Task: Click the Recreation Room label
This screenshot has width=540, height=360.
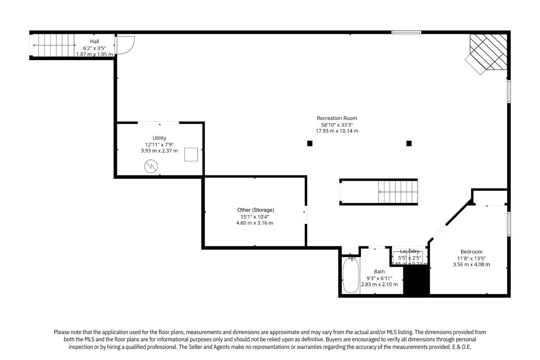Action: pyautogui.click(x=337, y=118)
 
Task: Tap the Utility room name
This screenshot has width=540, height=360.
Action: pyautogui.click(x=159, y=138)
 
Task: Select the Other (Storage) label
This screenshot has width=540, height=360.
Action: pyautogui.click(x=256, y=210)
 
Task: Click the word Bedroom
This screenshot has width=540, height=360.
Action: pyautogui.click(x=471, y=252)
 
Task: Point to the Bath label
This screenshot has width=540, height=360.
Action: pyautogui.click(x=379, y=271)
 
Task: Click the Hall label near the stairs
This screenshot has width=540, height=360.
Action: pyautogui.click(x=95, y=41)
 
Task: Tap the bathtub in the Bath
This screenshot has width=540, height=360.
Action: pyautogui.click(x=350, y=276)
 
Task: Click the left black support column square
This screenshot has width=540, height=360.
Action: pyautogui.click(x=310, y=143)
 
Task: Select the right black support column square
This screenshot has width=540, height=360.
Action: pyautogui.click(x=409, y=143)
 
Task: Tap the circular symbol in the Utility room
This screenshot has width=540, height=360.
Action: pyautogui.click(x=151, y=166)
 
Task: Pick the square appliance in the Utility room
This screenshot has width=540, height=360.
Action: pyautogui.click(x=191, y=154)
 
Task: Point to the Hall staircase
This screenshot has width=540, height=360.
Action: pyautogui.click(x=53, y=45)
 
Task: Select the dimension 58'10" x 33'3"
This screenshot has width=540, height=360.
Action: pyautogui.click(x=337, y=125)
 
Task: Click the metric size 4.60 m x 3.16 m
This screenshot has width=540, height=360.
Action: pyautogui.click(x=255, y=223)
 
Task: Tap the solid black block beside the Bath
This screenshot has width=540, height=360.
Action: pyautogui.click(x=417, y=281)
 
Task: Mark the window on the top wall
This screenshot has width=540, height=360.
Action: pyautogui.click(x=406, y=32)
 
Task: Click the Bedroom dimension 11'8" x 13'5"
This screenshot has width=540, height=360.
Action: pyautogui.click(x=471, y=258)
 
